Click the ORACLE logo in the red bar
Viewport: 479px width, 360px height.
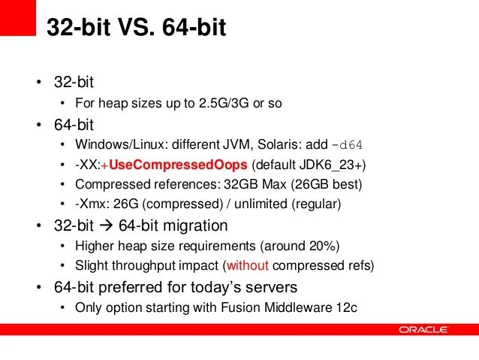pyautogui.click(x=423, y=329)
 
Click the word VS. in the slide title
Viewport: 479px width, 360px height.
pyautogui.click(x=127, y=28)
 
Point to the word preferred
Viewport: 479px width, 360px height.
pyautogui.click(x=131, y=286)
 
